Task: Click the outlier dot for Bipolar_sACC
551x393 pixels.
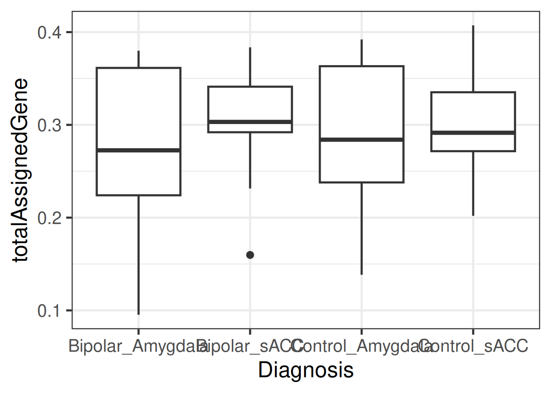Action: click(250, 255)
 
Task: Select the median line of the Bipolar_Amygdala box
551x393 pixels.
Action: click(139, 150)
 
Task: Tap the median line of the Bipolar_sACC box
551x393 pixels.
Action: click(250, 122)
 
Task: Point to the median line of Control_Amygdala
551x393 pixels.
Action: click(362, 140)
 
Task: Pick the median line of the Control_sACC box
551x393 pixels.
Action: click(473, 133)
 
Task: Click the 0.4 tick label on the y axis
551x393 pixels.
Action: click(49, 32)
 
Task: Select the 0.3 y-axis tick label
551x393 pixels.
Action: click(49, 125)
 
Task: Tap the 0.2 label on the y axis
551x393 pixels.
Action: click(49, 218)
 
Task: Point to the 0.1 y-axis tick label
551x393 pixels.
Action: click(49, 311)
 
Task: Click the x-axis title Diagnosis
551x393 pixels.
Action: click(306, 370)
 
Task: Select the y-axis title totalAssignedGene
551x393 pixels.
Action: click(20, 170)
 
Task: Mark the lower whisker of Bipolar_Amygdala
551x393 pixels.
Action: click(139, 254)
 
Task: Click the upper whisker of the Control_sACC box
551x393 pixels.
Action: click(473, 59)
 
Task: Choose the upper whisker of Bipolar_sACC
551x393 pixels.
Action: click(250, 67)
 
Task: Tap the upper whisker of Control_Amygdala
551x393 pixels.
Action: click(362, 53)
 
